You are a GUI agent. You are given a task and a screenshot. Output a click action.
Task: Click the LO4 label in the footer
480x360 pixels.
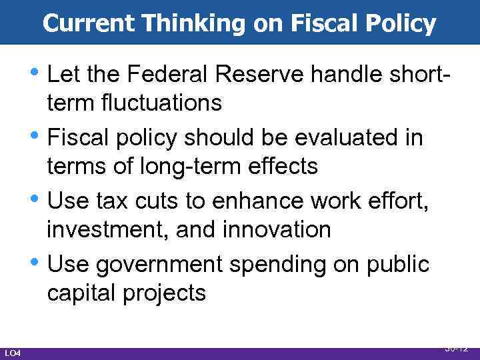(x=13, y=353)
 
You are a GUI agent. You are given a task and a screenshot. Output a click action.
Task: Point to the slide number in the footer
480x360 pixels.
(x=457, y=348)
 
